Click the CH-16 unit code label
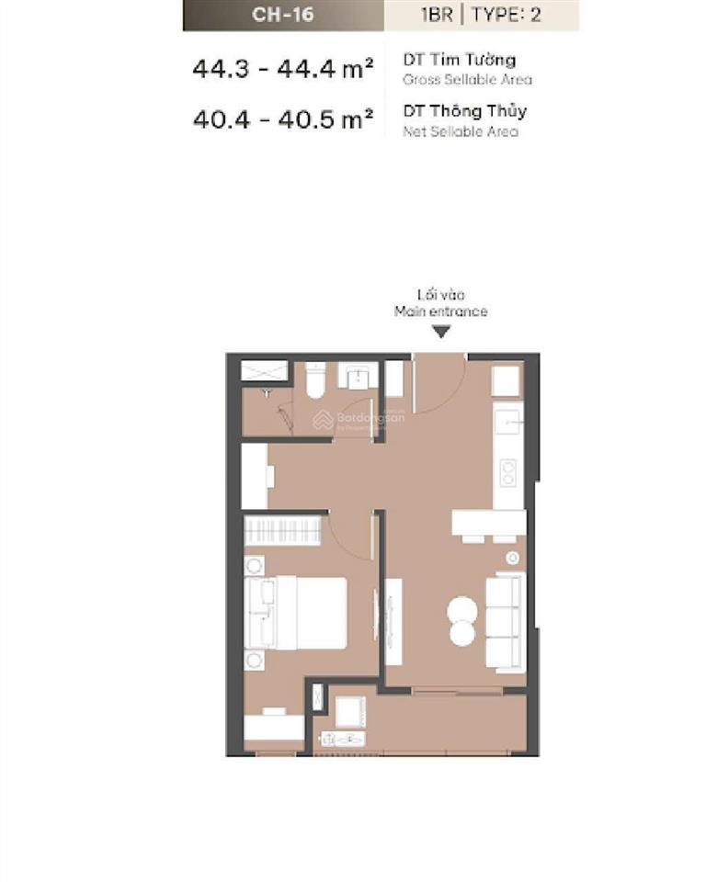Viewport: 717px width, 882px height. pyautogui.click(x=283, y=15)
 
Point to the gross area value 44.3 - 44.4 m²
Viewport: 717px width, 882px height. pyautogui.click(x=283, y=68)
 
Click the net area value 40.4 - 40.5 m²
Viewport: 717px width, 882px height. pyautogui.click(x=283, y=120)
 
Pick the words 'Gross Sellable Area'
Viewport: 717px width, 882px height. pyautogui.click(x=467, y=80)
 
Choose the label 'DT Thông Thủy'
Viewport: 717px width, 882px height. pyautogui.click(x=464, y=111)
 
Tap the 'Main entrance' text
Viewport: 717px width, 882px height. pyautogui.click(x=440, y=311)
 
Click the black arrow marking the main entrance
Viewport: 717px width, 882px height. pyautogui.click(x=441, y=331)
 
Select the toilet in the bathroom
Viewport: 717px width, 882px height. pyautogui.click(x=314, y=379)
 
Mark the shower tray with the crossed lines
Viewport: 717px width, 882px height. pyautogui.click(x=264, y=370)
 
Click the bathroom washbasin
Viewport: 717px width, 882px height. pyautogui.click(x=354, y=376)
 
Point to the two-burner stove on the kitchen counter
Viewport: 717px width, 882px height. pyautogui.click(x=507, y=472)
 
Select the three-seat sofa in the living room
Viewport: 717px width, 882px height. pyautogui.click(x=504, y=622)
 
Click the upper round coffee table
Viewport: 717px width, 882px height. pyautogui.click(x=462, y=610)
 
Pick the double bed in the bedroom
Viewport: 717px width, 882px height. pyautogui.click(x=298, y=612)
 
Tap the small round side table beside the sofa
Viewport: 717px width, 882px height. pyautogui.click(x=512, y=558)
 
